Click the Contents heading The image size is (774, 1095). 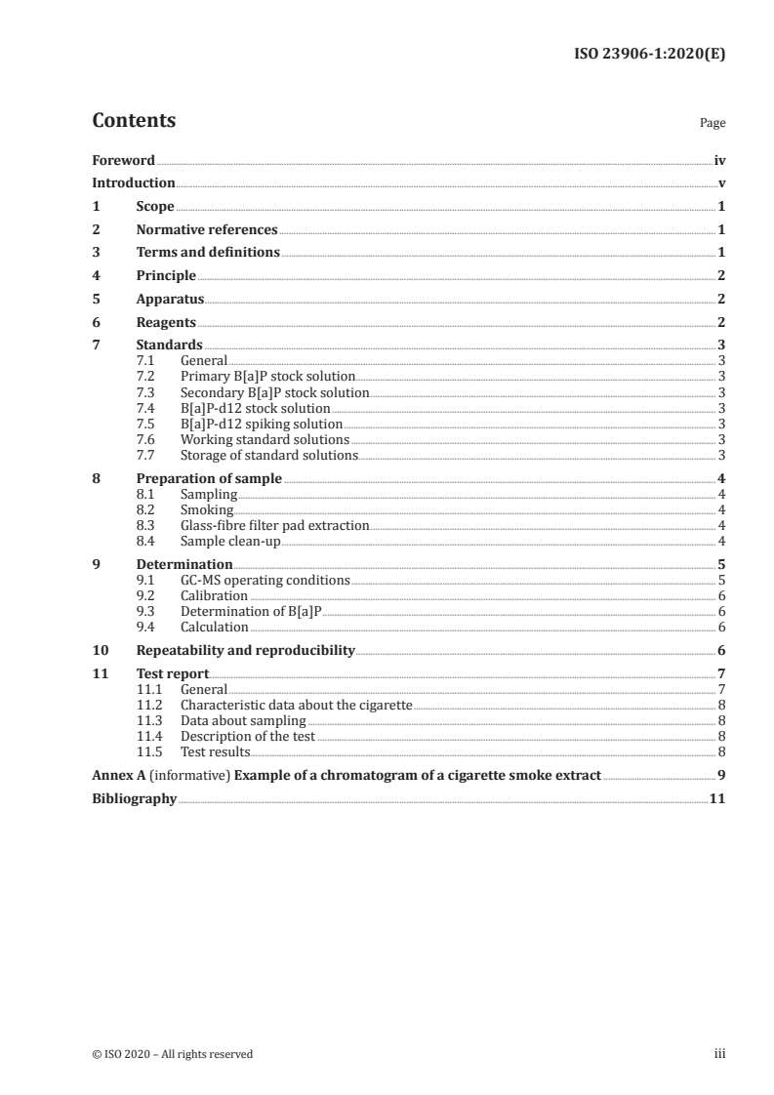click(x=134, y=121)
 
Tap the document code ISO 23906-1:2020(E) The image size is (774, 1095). click(x=648, y=55)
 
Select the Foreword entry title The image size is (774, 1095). click(x=123, y=160)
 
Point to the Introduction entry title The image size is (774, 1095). click(x=134, y=183)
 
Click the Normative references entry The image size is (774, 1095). click(x=207, y=230)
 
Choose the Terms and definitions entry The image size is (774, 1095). click(x=208, y=253)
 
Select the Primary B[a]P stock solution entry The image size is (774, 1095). click(x=267, y=376)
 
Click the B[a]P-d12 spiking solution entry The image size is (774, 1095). click(x=262, y=424)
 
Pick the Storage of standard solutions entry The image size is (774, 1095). click(x=269, y=455)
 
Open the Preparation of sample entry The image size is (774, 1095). click(x=209, y=478)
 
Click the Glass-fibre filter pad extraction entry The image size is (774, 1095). click(x=274, y=525)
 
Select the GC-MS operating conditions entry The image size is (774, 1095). click(x=265, y=580)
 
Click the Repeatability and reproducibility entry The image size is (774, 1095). click(x=245, y=650)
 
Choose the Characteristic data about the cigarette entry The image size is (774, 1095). click(x=297, y=705)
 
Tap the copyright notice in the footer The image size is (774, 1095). click(x=173, y=1054)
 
